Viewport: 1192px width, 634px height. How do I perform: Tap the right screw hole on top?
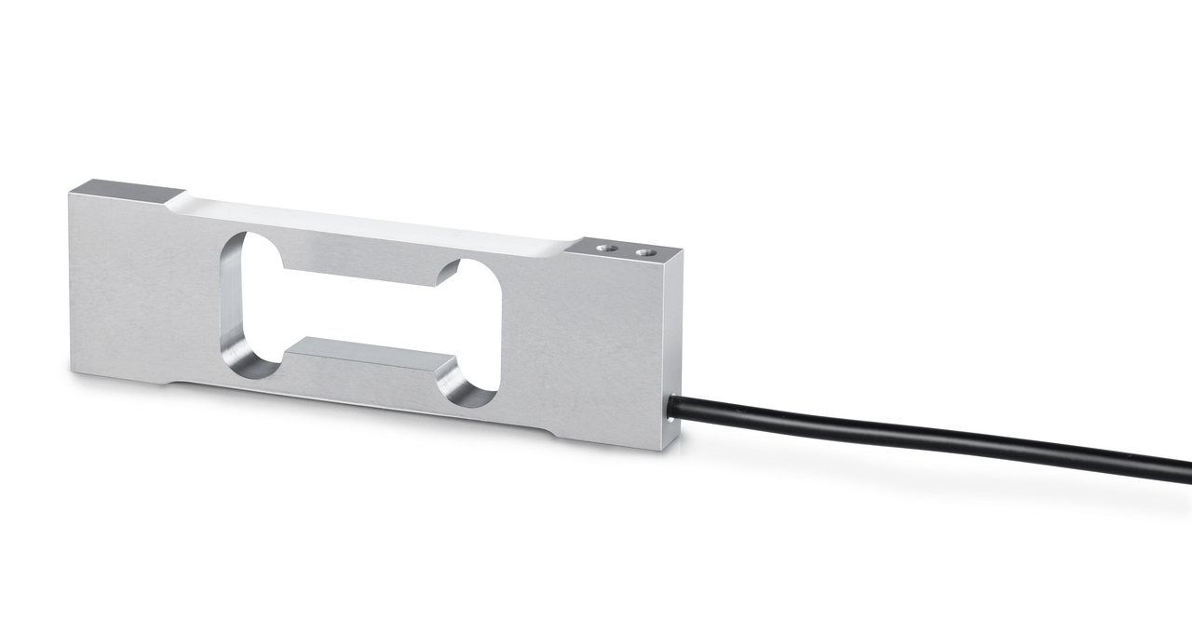[642, 251]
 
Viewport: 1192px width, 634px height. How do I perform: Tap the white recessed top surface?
[372, 222]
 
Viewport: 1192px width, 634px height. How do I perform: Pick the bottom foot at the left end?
[116, 378]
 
